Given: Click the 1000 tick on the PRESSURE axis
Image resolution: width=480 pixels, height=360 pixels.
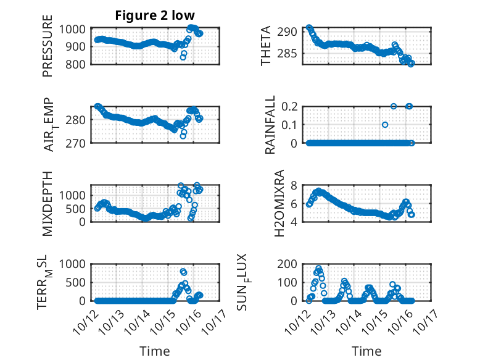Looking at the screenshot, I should tap(75, 29).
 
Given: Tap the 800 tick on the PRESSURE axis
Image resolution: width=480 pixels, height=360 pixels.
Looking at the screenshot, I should tap(78, 64).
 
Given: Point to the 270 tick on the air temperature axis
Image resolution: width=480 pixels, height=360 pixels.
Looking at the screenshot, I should tap(78, 143).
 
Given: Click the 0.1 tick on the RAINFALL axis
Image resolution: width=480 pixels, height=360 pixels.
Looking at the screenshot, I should tap(293, 124).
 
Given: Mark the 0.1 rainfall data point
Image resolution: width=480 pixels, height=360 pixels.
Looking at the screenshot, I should tap(385, 125).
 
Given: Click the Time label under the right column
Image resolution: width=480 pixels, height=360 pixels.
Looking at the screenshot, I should tap(366, 351).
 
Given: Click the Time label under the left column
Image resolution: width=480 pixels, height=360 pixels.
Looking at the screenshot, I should tap(155, 351).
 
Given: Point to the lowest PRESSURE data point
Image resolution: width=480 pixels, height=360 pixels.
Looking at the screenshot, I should tap(183, 57).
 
